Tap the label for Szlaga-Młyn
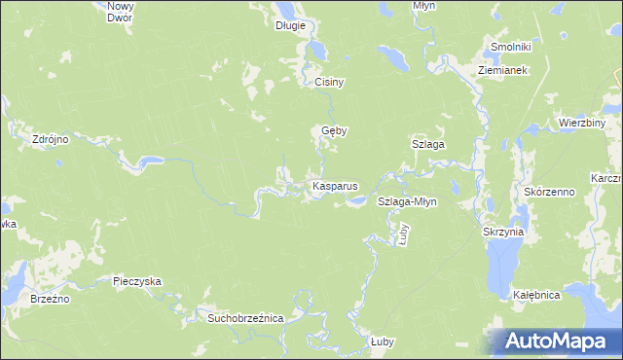tap(407, 202)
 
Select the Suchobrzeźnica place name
tap(238, 318)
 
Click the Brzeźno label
tap(49, 300)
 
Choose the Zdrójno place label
tap(50, 139)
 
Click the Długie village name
tap(290, 25)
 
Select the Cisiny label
tap(330, 83)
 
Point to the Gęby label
tap(335, 130)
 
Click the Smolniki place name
tap(510, 47)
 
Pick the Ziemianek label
tap(502, 71)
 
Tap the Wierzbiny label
tap(583, 124)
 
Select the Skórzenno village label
tap(550, 192)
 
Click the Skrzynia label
tap(503, 233)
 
